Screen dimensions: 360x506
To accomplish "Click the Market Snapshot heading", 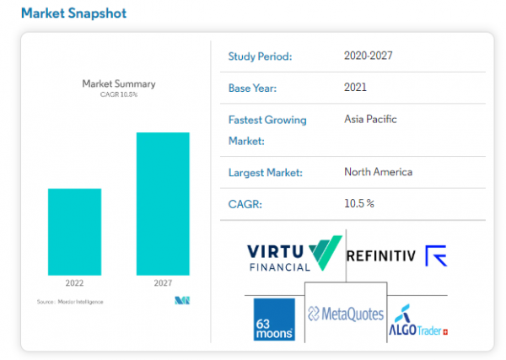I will (x=74, y=13).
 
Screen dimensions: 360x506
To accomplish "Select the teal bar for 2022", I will (x=74, y=231).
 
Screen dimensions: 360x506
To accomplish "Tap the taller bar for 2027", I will (x=163, y=203).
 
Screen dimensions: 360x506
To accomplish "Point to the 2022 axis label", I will (x=74, y=283).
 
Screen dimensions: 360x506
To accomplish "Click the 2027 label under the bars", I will (x=163, y=283).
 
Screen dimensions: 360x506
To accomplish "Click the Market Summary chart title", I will (x=119, y=83).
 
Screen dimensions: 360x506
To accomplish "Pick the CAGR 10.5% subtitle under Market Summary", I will (x=119, y=94).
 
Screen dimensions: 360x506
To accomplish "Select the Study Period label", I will (x=260, y=56).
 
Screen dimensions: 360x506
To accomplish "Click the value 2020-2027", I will (x=369, y=56).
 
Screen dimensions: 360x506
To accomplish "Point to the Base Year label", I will (x=253, y=88).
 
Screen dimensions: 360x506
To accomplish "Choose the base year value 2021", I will (x=355, y=87).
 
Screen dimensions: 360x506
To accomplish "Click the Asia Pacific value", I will (x=370, y=119).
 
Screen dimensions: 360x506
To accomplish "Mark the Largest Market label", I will (x=265, y=173).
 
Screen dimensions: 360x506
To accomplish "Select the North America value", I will (x=378, y=172).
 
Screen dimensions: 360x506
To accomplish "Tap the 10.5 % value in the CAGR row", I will (x=358, y=203).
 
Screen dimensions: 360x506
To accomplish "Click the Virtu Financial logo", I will (x=294, y=254).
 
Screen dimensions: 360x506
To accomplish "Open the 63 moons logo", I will (x=274, y=319).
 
